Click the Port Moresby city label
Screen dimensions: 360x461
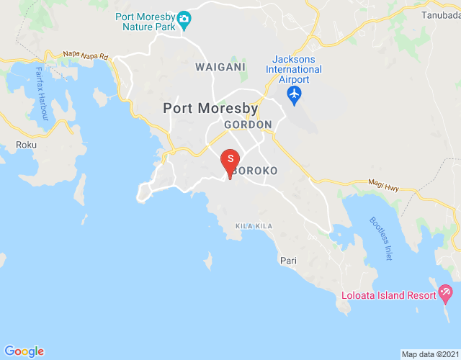coord(210,109)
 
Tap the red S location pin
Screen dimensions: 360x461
coord(230,160)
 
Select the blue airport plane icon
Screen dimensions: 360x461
coord(293,94)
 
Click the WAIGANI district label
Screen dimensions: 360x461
coord(220,66)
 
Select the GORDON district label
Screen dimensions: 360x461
coord(248,125)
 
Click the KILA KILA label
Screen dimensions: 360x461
coord(254,226)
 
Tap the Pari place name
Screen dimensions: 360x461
coord(288,261)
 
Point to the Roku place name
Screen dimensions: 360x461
coord(26,145)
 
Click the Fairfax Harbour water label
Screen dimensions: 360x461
coord(42,94)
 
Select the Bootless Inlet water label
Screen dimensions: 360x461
coord(381,238)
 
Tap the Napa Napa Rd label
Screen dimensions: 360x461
coord(86,55)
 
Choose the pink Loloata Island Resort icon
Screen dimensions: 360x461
coord(445,293)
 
